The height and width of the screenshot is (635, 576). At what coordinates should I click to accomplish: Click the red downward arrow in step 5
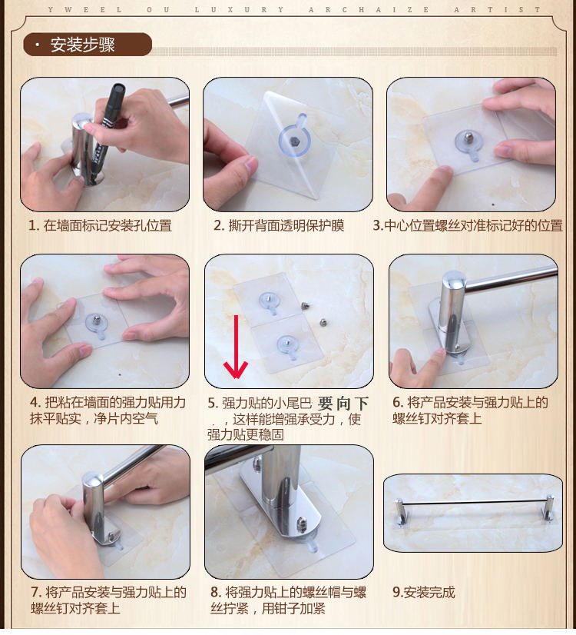click(x=236, y=347)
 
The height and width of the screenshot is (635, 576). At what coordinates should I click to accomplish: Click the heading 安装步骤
click(x=82, y=45)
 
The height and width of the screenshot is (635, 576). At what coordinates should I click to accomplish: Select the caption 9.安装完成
click(x=424, y=593)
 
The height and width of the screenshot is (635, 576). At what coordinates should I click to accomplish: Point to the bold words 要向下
click(x=343, y=404)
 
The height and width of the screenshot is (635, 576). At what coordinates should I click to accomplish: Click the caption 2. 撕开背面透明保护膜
click(x=279, y=225)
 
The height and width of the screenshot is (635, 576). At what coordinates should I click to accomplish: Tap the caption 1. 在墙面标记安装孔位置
click(x=100, y=225)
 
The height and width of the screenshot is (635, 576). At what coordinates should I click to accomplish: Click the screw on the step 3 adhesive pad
click(x=468, y=137)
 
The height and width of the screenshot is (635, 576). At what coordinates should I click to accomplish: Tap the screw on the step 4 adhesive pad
click(x=97, y=320)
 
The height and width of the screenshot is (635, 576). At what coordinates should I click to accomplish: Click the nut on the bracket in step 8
click(x=301, y=524)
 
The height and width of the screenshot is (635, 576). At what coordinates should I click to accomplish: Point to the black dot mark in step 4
click(x=120, y=374)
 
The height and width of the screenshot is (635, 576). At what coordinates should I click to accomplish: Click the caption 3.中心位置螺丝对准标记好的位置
click(x=468, y=225)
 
